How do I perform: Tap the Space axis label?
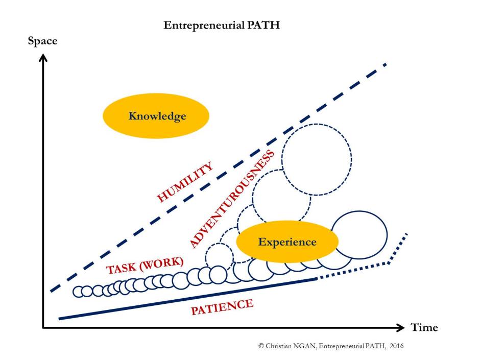tap(42, 41)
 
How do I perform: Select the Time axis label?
tap(424, 327)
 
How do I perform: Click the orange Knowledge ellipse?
tap(156, 116)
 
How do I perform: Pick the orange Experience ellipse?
tap(287, 242)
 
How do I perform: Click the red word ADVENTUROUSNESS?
tap(232, 199)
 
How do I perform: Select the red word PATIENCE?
tap(222, 306)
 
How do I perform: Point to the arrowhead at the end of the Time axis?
tap(401, 327)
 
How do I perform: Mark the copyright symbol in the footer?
tap(261, 346)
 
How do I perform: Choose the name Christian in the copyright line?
tap(278, 346)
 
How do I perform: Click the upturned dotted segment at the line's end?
tap(398, 249)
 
